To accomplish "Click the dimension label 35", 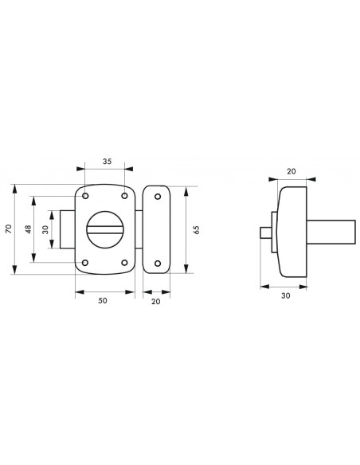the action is point(107,162).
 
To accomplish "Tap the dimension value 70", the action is point(9,229).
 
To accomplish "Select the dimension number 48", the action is point(28,229).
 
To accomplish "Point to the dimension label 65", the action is point(196,230).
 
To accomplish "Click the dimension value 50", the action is point(102,300).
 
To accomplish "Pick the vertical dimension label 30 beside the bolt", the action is point(45,229).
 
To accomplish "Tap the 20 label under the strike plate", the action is point(155,301).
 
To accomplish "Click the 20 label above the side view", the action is point(292,171).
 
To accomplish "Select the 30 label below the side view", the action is point(286,295).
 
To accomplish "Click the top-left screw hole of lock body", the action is point(85,196).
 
